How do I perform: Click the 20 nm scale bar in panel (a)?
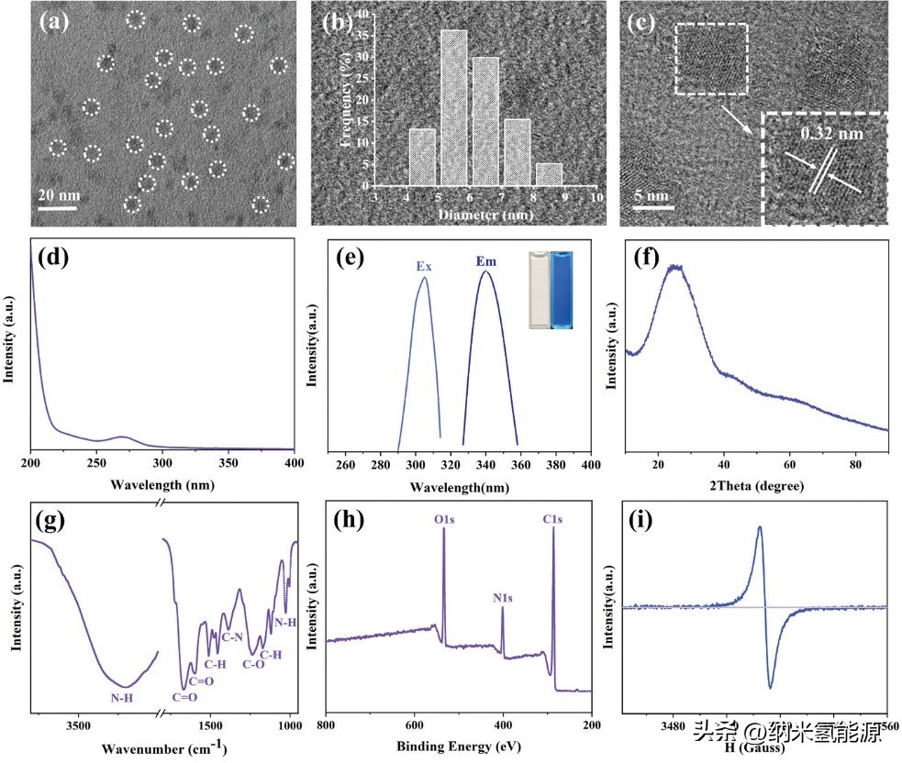click(55, 206)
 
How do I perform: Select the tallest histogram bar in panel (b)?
click(453, 110)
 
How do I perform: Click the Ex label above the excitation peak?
click(423, 267)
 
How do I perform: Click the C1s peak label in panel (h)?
click(552, 519)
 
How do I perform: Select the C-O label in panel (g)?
click(252, 663)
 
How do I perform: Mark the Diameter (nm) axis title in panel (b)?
click(486, 215)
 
